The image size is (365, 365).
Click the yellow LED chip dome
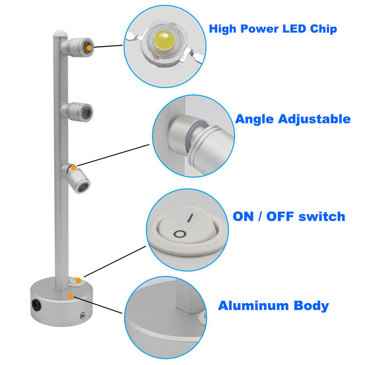pyautogui.click(x=164, y=40)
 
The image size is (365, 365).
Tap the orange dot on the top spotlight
pyautogui.click(x=90, y=48)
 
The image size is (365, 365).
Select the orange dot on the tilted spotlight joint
pyautogui.click(x=73, y=167)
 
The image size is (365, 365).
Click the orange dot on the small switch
pyautogui.click(x=79, y=280)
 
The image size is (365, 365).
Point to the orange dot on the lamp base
pyautogui.click(x=70, y=296)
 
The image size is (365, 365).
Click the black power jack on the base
pyautogui.click(x=36, y=305)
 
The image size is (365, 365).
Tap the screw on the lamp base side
pyautogui.click(x=83, y=316)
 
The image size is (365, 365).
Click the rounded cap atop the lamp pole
pyautogui.click(x=60, y=35)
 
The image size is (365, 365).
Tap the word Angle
pyautogui.click(x=255, y=120)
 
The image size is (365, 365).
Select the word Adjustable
pyautogui.click(x=314, y=119)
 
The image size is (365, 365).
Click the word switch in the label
pyautogui.click(x=322, y=216)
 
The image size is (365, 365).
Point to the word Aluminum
pyautogui.click(x=254, y=306)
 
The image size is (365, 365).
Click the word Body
pyautogui.click(x=311, y=306)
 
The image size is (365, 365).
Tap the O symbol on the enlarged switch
pyautogui.click(x=180, y=234)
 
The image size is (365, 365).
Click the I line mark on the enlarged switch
pyautogui.click(x=190, y=218)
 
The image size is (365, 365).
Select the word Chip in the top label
pyautogui.click(x=324, y=29)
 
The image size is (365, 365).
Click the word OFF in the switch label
pyautogui.click(x=280, y=216)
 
